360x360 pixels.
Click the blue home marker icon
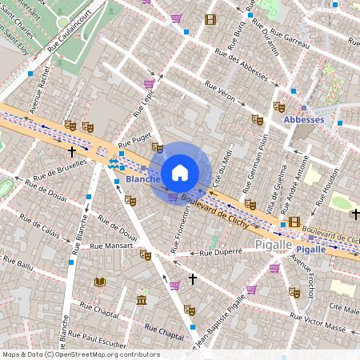click(x=180, y=172)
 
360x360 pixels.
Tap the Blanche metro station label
click(x=142, y=180)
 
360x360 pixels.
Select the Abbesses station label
click(x=304, y=120)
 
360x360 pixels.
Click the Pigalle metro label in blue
click(x=311, y=249)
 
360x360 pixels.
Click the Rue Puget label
click(x=133, y=143)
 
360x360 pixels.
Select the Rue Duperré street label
click(x=221, y=252)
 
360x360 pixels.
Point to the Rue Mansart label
click(x=112, y=246)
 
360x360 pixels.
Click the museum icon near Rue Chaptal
click(x=142, y=300)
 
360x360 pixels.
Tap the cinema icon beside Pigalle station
click(x=294, y=222)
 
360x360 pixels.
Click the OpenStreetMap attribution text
click(x=80, y=354)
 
